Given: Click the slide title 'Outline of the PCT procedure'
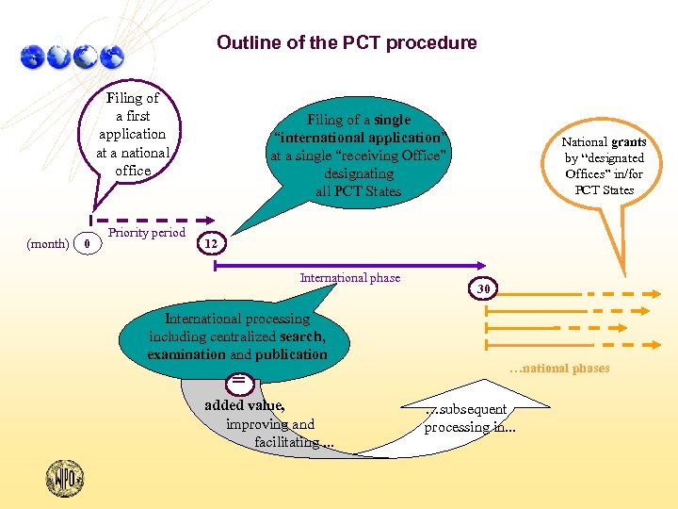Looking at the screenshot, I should (x=347, y=42).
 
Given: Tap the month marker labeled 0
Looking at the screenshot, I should (x=87, y=243).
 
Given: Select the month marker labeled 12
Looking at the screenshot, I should (x=211, y=243).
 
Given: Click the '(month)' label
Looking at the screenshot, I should (x=47, y=243).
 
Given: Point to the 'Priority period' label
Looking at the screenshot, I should (x=147, y=233).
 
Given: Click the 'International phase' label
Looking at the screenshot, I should (x=349, y=278).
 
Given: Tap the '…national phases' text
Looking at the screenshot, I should (x=558, y=369).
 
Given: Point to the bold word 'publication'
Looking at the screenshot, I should (x=291, y=354).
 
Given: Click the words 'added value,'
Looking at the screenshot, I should (x=245, y=405).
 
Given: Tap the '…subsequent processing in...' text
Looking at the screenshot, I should (x=469, y=418).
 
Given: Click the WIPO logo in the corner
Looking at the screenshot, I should (x=65, y=478).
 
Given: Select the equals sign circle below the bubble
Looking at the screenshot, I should (x=240, y=380).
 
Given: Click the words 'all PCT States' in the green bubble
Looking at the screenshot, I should (x=359, y=191).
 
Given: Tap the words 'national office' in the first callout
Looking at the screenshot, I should (x=133, y=161).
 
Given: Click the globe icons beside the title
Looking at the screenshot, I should (x=72, y=57).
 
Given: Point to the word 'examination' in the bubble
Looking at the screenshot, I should (x=186, y=354).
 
